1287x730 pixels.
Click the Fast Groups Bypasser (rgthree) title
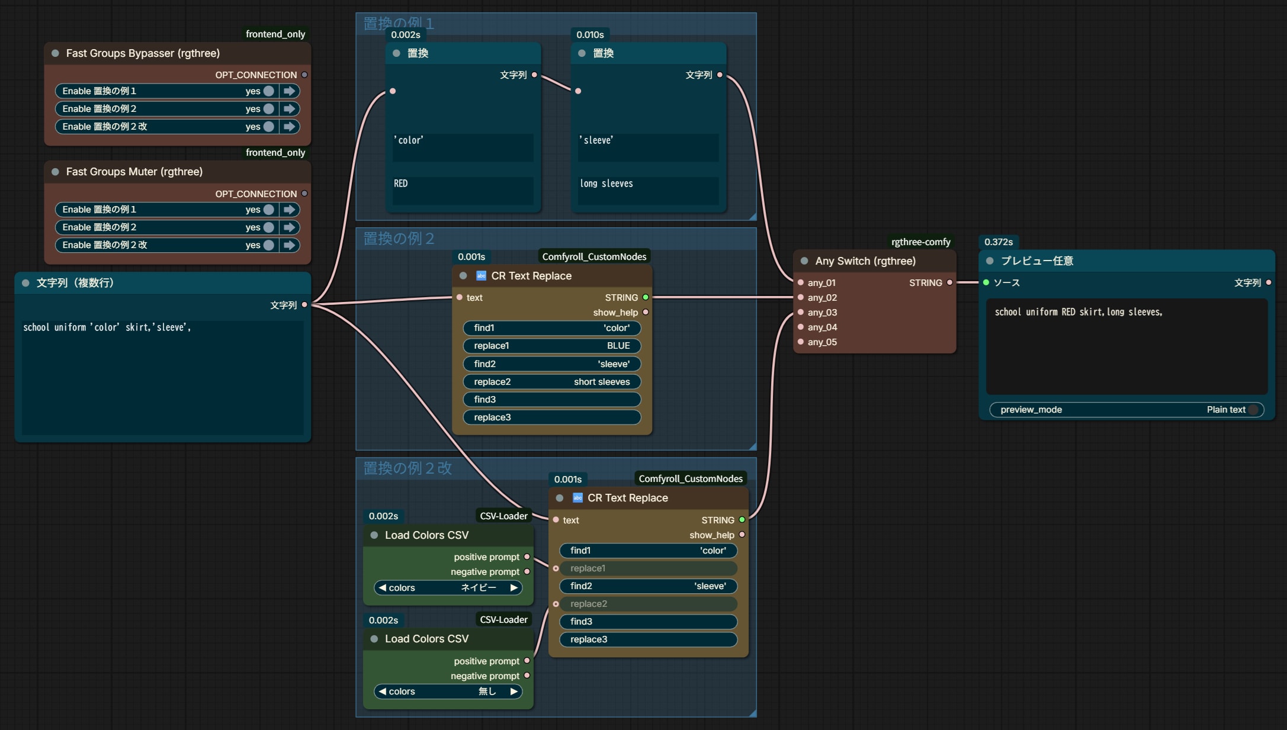point(143,53)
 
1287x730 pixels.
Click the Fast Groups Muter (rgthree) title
point(134,172)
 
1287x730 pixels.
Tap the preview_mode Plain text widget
point(1126,410)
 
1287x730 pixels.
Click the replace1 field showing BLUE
point(552,346)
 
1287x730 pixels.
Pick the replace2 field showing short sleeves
point(552,382)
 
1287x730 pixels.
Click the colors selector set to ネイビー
point(448,588)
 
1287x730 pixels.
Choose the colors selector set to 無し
point(448,692)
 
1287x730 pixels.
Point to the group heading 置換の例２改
point(407,468)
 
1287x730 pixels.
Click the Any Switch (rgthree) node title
point(865,261)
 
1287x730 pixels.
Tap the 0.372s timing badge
point(999,242)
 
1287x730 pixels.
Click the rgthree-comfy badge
point(921,242)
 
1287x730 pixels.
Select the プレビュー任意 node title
point(1037,261)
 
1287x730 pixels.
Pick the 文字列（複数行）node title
point(75,283)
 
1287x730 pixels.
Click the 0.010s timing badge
point(590,35)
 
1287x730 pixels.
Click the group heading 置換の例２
point(399,239)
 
